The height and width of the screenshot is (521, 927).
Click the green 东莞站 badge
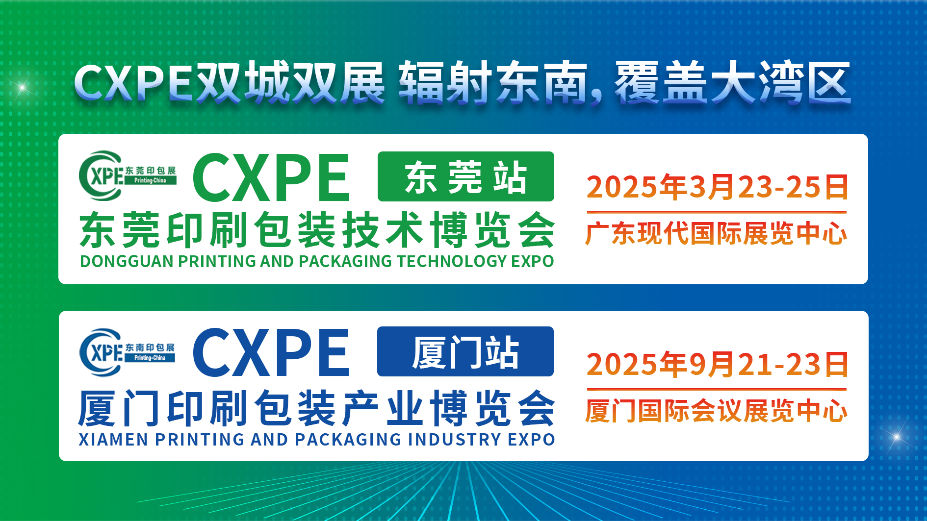coord(465,176)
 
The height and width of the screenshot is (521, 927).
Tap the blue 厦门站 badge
coord(465,351)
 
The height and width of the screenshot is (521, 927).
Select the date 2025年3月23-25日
coord(717,187)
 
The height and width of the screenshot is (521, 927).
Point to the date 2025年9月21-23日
coord(717,364)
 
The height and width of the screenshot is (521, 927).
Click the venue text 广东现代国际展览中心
coord(716,233)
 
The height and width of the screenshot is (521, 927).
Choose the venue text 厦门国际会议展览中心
coord(716,411)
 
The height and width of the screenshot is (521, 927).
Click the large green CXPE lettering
coord(271,177)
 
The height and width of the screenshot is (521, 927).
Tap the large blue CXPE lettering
coord(271,352)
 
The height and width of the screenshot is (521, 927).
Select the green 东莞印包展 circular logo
coord(128,175)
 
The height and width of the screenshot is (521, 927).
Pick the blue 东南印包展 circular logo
coord(127,352)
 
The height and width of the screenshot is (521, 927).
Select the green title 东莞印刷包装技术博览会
coord(317,229)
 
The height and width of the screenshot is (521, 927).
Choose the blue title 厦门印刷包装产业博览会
coord(317,408)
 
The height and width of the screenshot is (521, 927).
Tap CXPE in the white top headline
coord(133,82)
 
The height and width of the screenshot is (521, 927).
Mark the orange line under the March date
coord(717,212)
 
